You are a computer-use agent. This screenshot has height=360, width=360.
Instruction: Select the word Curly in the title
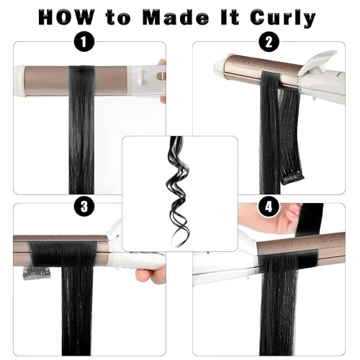[282, 18]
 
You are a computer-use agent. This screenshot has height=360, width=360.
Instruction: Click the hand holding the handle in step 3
[152, 275]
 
